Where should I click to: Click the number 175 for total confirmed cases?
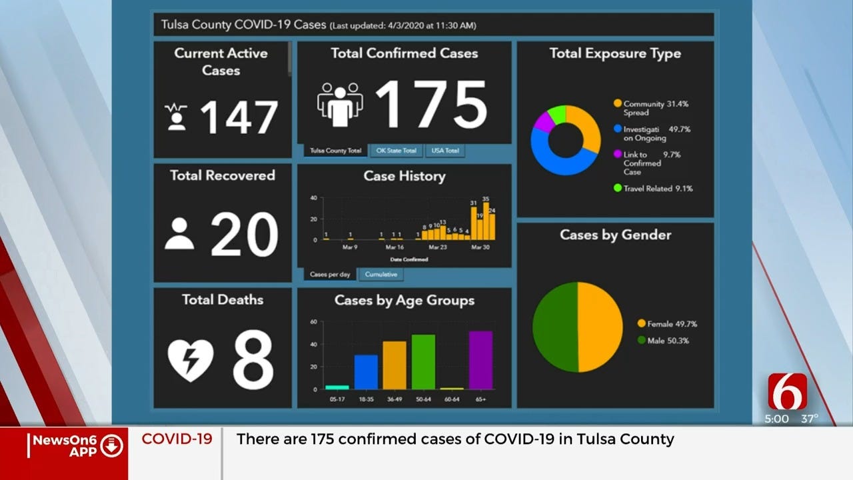click(431, 105)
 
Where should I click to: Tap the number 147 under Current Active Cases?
click(238, 118)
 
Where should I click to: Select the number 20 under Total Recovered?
click(244, 235)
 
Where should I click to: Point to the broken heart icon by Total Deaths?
click(191, 361)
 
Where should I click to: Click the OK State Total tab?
click(396, 151)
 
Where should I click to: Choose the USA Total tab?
click(444, 151)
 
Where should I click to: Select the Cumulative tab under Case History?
click(381, 274)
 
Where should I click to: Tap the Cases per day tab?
click(331, 274)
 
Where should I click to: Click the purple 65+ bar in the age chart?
click(480, 360)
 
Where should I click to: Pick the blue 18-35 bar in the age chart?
click(366, 371)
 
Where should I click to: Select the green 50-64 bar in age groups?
click(423, 361)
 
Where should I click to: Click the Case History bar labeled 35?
click(486, 221)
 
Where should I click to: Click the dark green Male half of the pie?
click(554, 327)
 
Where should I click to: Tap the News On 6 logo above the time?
click(787, 392)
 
